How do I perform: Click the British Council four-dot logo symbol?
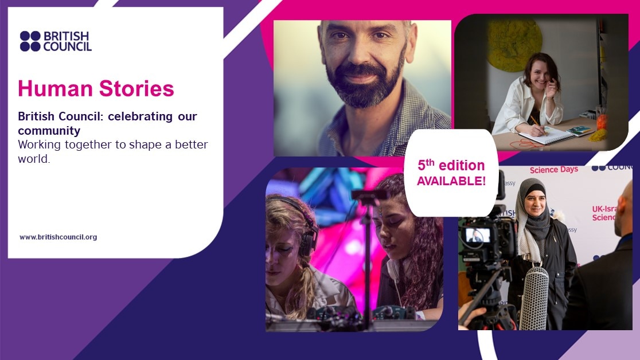click(x=30, y=41)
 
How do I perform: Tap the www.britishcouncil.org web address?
click(x=58, y=237)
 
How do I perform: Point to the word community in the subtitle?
click(x=49, y=131)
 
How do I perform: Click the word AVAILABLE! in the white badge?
click(x=451, y=181)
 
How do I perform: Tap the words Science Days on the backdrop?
click(x=554, y=170)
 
